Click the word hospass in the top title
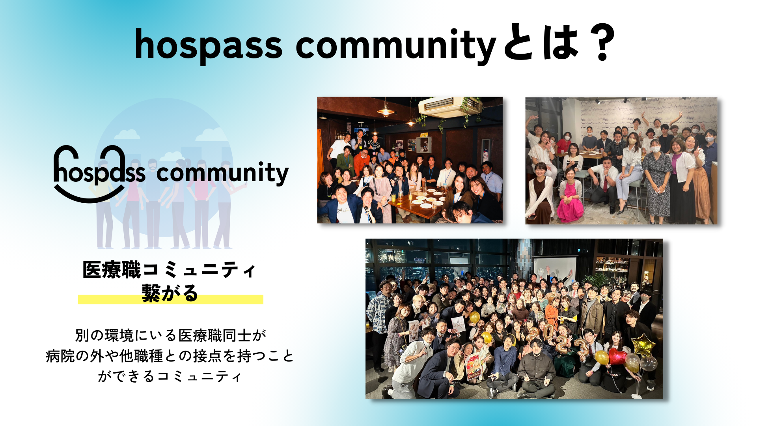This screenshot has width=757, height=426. (209, 45)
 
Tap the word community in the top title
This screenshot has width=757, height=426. (395, 45)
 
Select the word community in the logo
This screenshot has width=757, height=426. (222, 173)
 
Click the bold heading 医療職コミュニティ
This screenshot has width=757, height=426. (170, 270)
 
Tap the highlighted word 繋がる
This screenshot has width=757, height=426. (170, 293)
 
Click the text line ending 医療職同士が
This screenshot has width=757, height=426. (171, 335)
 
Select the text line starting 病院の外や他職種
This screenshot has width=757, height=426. (170, 356)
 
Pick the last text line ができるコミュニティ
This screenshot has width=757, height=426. (170, 376)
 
